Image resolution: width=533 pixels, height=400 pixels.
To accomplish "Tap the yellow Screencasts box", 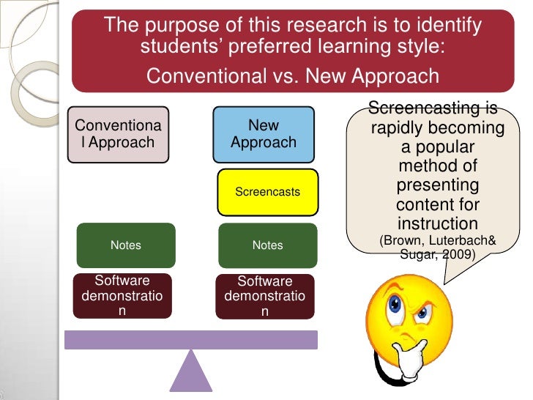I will click(x=267, y=192).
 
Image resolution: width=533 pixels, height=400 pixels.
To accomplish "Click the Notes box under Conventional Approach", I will click(x=125, y=245).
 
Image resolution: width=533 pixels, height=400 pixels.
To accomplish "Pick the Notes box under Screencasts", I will click(x=267, y=245).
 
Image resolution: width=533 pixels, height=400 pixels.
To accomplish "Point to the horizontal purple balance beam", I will click(x=191, y=339).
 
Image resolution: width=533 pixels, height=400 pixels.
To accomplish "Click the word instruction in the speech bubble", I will click(x=437, y=223).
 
